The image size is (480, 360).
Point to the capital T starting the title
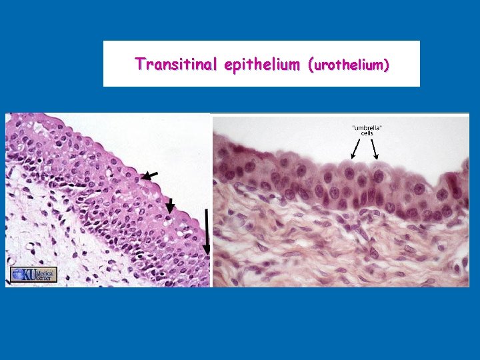click(139, 64)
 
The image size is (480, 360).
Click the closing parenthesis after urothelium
click(387, 65)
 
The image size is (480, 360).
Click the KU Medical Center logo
click(33, 274)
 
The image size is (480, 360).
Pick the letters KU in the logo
click(29, 274)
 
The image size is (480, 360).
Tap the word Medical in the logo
click(45, 271)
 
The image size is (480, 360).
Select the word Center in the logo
click(45, 277)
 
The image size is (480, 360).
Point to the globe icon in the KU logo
click(17, 274)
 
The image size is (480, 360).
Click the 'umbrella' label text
click(363, 127)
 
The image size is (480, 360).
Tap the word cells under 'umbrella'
click(363, 133)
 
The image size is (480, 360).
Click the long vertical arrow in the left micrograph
click(207, 231)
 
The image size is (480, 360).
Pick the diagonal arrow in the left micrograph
click(150, 175)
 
